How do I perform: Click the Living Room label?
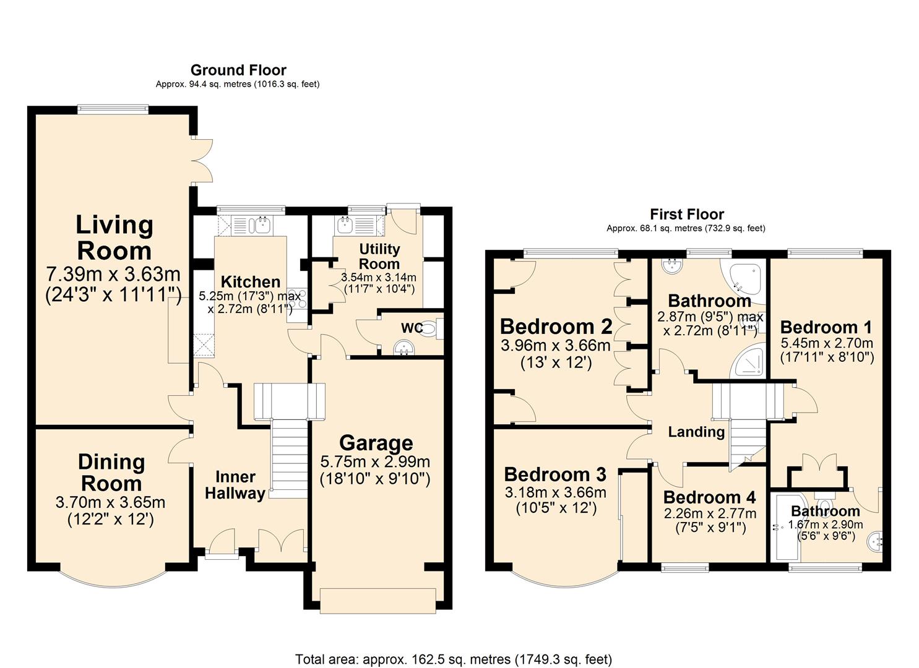pos(114,238)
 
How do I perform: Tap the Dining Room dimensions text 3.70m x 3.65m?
pos(110,503)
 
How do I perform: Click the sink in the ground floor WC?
pos(407,349)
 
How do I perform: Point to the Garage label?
pos(376,443)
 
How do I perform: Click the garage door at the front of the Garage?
pos(378,600)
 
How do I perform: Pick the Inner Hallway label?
pos(235,485)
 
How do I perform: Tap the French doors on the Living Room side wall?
pos(202,160)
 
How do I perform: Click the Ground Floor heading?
pos(238,70)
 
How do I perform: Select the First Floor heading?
pos(686,214)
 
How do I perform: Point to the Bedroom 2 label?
pos(556,326)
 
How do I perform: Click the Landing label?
pos(696,432)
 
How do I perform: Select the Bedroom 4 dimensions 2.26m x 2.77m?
pos(710,513)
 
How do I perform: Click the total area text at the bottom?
pos(453,659)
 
